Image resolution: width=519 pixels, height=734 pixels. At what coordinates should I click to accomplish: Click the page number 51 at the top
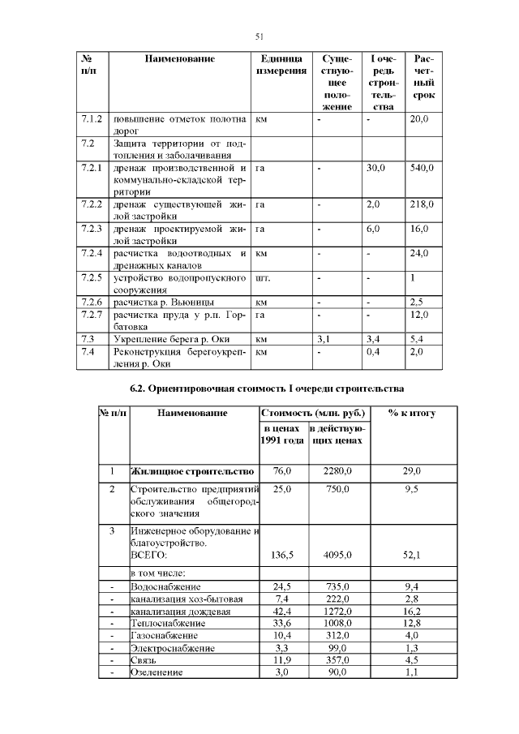259,36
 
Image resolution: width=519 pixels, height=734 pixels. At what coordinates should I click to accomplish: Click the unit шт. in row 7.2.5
263,277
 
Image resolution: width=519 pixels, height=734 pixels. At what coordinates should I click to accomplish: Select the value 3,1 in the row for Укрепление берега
323,338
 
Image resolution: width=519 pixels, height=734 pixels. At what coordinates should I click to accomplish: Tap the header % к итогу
411,414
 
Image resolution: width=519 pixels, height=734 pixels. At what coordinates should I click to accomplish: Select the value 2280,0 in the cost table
337,471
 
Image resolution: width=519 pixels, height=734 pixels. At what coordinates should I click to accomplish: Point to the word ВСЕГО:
148,556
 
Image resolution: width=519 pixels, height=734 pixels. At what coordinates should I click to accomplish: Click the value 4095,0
337,556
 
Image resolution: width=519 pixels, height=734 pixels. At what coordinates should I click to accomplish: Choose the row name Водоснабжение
165,586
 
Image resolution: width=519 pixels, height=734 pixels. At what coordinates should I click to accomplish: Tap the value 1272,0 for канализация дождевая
337,611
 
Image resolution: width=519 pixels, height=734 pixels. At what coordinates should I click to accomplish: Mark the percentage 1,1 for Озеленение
412,672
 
